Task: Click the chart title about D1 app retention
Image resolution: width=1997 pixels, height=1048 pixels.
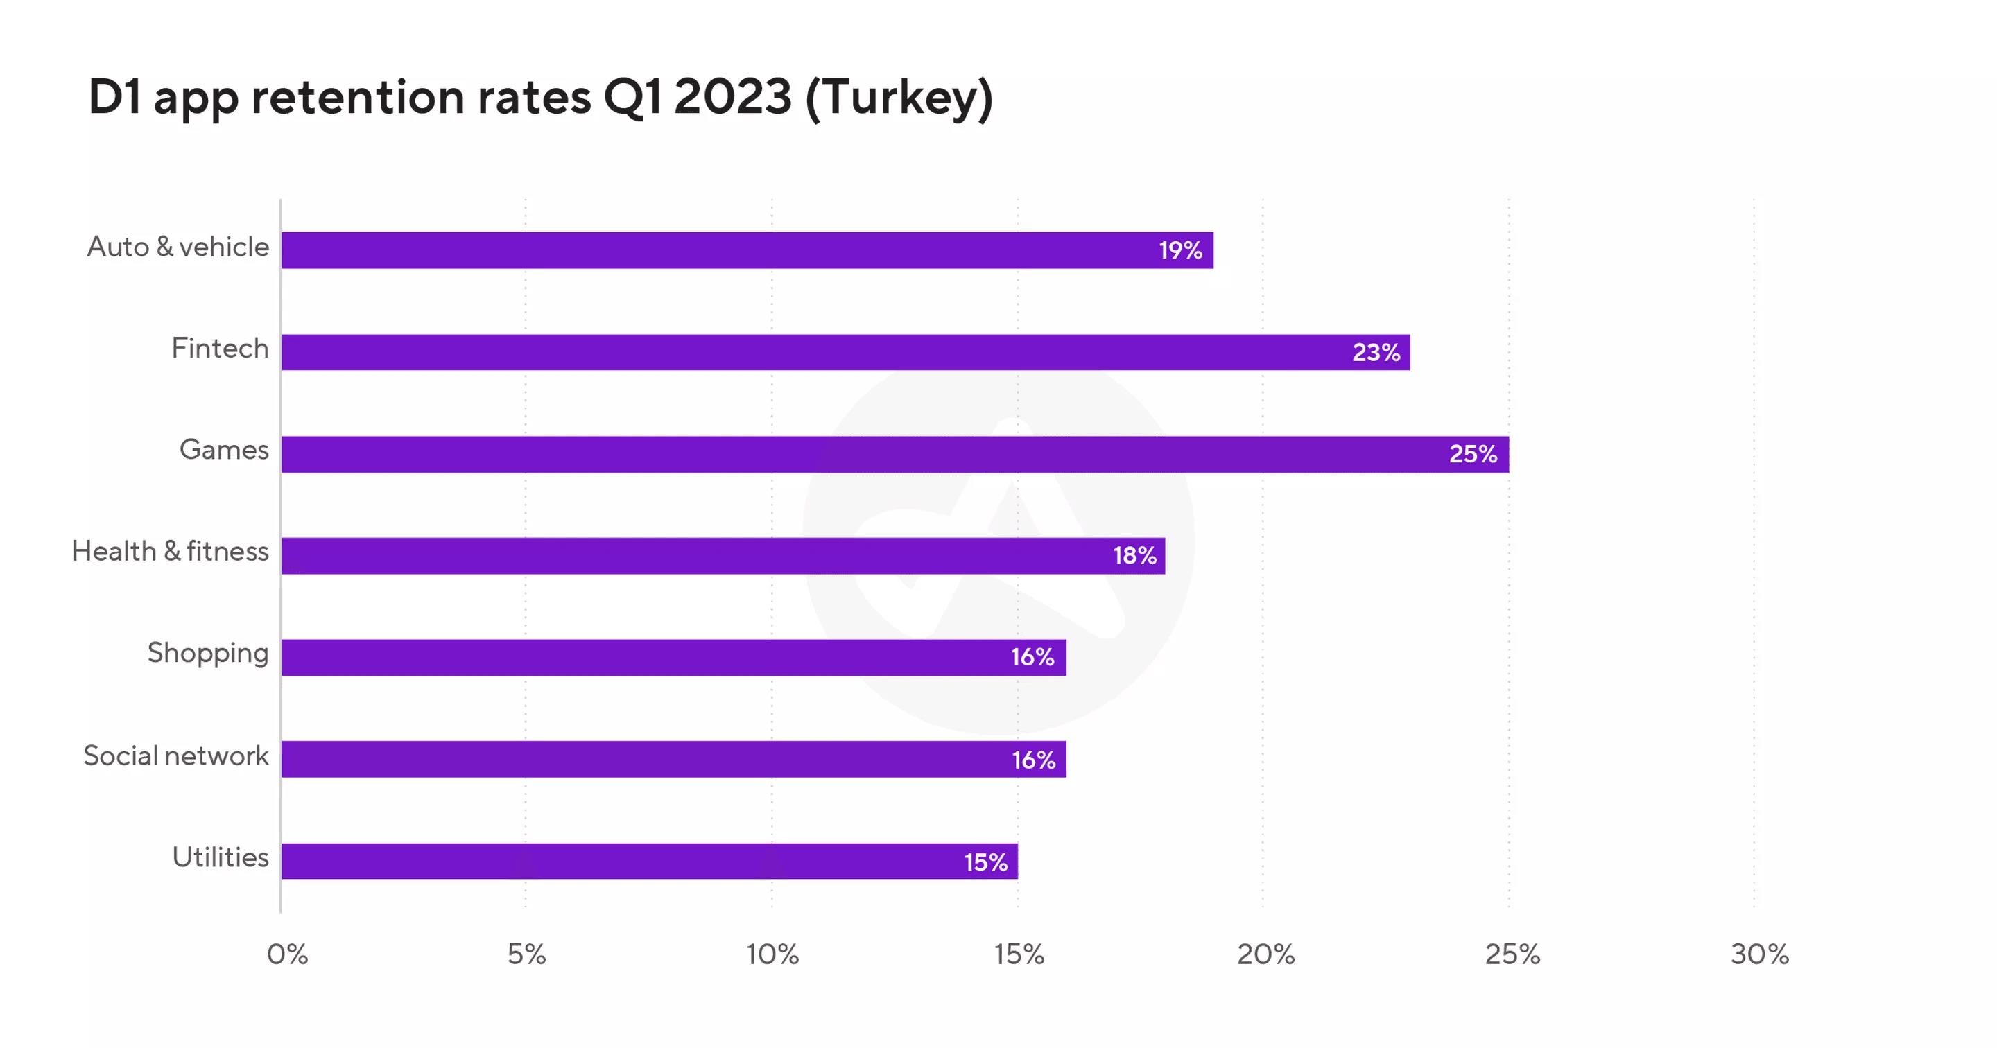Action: pos(540,98)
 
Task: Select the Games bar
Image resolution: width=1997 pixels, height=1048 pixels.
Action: pos(894,454)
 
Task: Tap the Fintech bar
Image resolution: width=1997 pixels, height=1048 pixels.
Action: pos(845,352)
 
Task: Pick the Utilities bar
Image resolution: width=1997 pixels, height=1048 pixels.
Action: pos(649,861)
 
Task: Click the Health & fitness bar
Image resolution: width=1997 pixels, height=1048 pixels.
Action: pos(723,556)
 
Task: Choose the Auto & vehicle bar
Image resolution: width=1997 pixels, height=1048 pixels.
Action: pos(747,250)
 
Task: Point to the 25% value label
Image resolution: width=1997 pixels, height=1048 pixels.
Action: pos(1473,454)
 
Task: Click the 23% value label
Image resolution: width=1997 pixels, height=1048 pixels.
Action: pos(1376,353)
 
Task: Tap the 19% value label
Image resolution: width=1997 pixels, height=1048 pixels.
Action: pos(1180,250)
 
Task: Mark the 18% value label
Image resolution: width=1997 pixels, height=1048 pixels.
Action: pos(1134,556)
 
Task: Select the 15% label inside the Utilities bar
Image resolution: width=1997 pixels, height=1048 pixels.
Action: pos(985,862)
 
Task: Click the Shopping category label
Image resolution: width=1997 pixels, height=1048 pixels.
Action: pos(208,654)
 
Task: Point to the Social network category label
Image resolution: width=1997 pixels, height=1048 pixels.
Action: pos(176,756)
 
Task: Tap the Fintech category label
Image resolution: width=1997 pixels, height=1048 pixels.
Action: pos(221,349)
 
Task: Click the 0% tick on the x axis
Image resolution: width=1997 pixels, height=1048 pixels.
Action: pos(287,955)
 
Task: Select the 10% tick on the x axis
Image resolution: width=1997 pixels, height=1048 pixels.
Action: pos(772,955)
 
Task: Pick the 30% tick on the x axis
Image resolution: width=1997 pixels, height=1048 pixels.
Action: pos(1759,955)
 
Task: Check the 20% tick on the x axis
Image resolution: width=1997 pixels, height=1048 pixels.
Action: pos(1265,955)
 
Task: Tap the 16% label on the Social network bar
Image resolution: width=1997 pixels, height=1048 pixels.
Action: pos(1033,760)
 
